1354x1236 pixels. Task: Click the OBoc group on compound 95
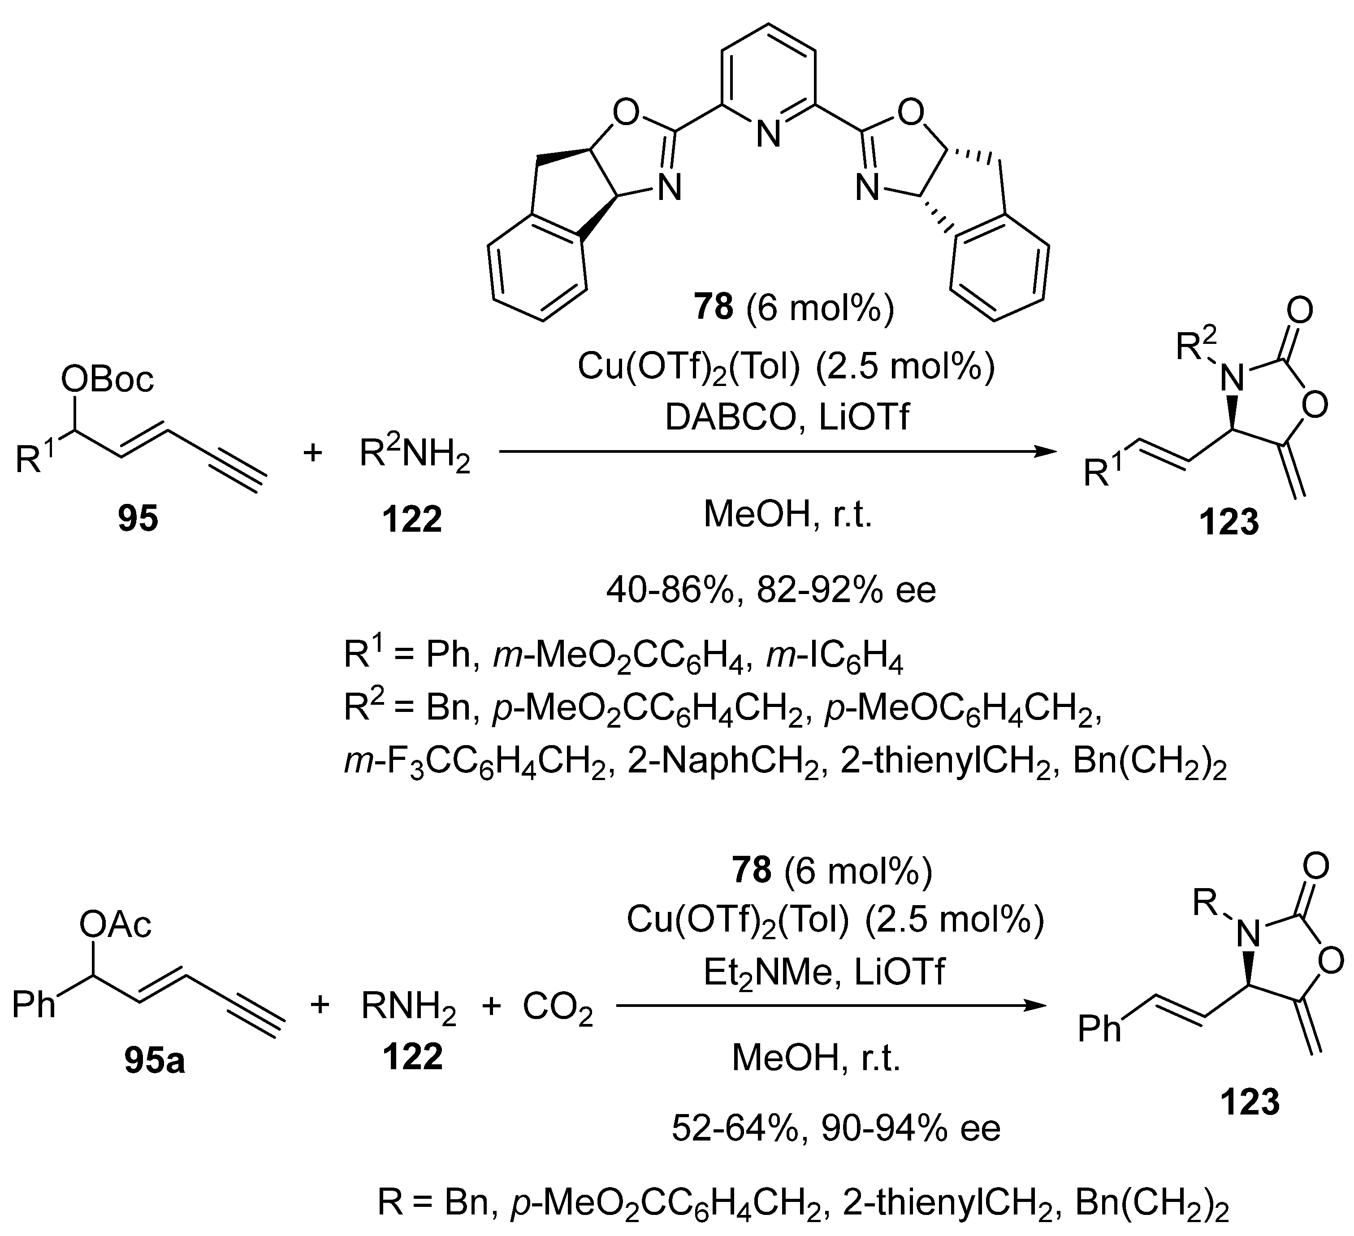pos(108,380)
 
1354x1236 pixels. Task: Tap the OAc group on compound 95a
pos(116,925)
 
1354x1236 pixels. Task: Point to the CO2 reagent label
pos(558,1008)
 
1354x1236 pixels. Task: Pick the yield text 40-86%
pos(672,590)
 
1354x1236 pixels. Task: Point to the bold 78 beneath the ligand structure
pos(713,308)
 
